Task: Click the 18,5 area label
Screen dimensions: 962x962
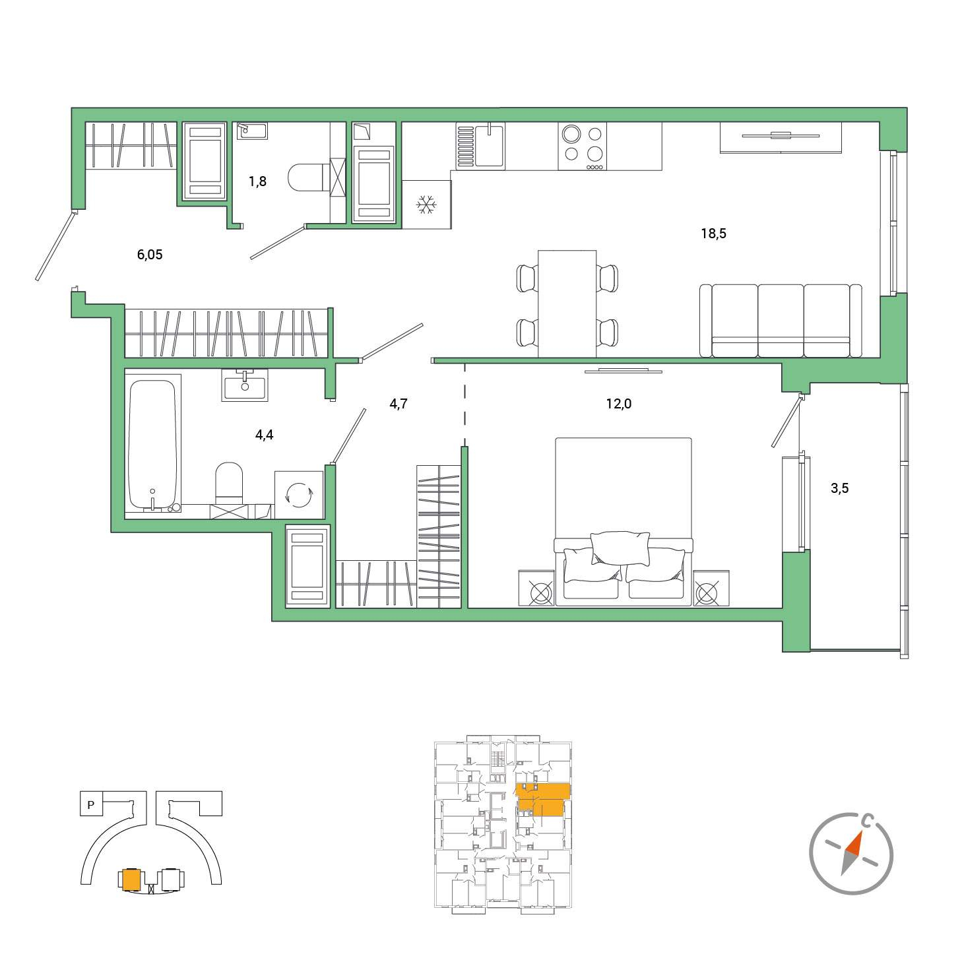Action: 713,234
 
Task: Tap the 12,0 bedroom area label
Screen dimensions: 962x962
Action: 618,403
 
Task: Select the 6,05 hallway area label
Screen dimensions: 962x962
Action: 150,255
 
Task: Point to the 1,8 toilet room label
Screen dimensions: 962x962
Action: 257,181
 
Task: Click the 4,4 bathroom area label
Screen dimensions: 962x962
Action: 264,435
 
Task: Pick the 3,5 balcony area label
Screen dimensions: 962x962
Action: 840,488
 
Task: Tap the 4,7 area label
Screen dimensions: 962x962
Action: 399,403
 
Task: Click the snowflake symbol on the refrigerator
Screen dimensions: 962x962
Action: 426,205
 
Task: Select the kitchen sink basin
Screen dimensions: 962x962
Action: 489,146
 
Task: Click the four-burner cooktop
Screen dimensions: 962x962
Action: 583,146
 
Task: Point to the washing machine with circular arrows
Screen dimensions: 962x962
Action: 299,495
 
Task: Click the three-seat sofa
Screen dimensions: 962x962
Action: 781,321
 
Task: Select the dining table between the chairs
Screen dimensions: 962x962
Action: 567,304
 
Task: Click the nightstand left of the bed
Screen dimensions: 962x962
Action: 536,588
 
